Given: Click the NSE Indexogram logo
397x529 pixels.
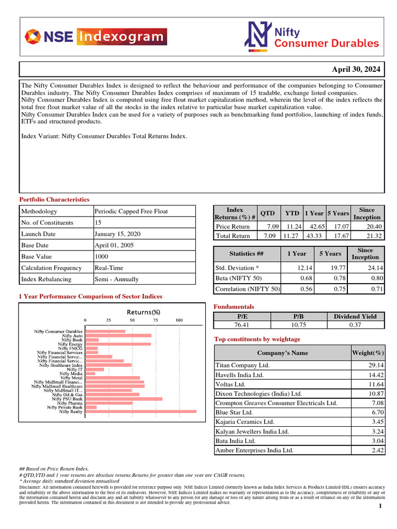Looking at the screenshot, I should coord(96,37).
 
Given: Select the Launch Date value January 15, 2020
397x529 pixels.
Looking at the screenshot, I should coord(117,234).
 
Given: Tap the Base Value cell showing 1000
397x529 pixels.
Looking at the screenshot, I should coord(101,257).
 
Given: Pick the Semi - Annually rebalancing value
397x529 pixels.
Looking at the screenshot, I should coord(116,279).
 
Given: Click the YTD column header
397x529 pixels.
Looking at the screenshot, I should coord(292,213).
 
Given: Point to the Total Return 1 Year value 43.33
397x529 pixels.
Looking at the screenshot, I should coord(315,236).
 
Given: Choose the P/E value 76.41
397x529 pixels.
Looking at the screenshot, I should coord(242,325).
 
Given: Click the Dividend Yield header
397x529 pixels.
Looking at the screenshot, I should coord(355,316).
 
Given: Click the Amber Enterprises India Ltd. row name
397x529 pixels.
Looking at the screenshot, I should coord(254,450).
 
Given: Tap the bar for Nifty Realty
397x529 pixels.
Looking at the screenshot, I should coord(141,412).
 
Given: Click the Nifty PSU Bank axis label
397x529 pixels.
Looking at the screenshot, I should coord(67,399).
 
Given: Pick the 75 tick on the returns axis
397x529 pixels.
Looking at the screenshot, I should coord(156,321).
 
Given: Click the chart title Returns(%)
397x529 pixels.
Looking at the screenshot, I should coord(144,312).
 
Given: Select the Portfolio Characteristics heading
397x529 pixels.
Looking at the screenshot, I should coord(54,199).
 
